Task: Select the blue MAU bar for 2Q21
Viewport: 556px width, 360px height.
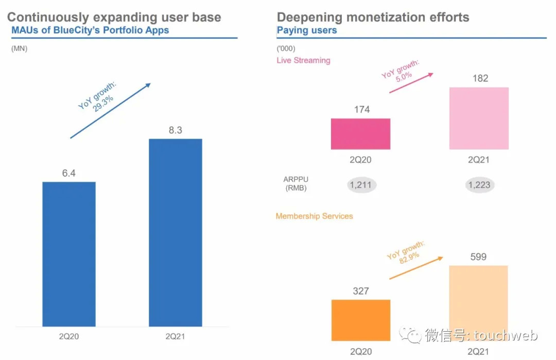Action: (x=176, y=232)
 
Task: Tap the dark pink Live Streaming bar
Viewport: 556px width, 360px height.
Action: (x=360, y=134)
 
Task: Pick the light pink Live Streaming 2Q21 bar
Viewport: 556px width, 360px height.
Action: (x=479, y=118)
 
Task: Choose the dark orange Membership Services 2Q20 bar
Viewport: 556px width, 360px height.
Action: (x=360, y=320)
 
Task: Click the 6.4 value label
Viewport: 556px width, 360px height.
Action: (x=69, y=174)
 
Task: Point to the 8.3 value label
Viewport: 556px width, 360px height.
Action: (x=176, y=130)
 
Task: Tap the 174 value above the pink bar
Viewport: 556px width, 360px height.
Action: (x=361, y=109)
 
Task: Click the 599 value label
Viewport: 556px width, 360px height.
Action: (x=478, y=256)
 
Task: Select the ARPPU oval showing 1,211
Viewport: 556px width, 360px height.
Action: (x=361, y=184)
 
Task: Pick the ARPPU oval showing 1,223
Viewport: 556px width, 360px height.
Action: (x=479, y=184)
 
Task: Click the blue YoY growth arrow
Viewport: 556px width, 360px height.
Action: (x=110, y=111)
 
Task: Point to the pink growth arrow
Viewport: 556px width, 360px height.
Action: (x=411, y=82)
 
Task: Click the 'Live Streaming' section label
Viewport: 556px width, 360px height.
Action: (x=303, y=60)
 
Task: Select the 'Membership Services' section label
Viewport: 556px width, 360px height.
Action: (x=314, y=216)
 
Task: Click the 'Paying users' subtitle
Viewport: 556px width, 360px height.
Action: (x=307, y=30)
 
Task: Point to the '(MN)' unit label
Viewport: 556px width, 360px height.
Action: (x=19, y=49)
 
